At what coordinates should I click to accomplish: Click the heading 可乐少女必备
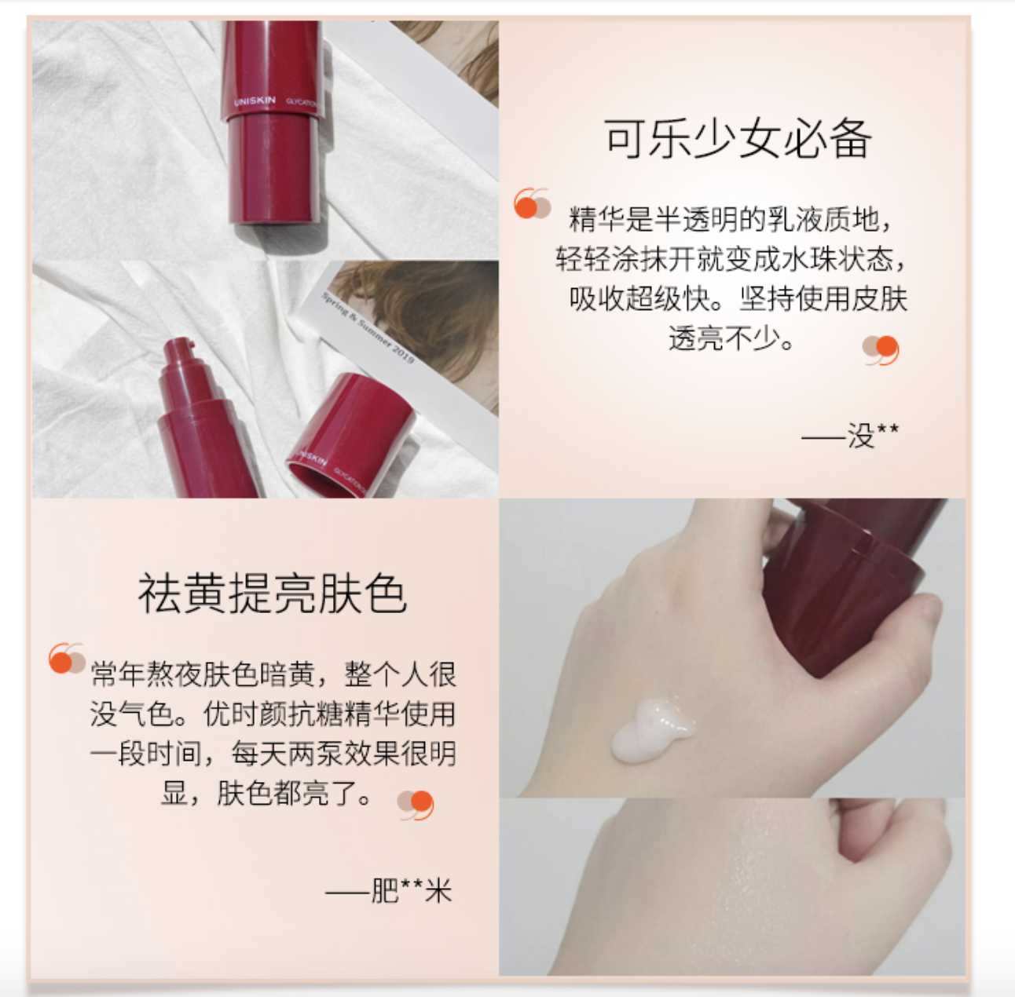click(x=737, y=140)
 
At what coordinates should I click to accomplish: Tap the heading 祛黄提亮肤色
click(x=272, y=593)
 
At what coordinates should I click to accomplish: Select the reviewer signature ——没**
click(x=850, y=435)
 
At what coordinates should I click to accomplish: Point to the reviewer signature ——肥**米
click(x=389, y=891)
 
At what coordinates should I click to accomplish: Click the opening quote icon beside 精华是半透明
click(x=531, y=203)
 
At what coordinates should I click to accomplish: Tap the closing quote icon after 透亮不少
click(x=881, y=349)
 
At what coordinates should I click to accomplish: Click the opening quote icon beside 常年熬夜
click(x=66, y=659)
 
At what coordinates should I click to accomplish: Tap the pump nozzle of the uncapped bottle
click(x=181, y=349)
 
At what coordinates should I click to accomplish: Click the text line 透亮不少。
click(x=731, y=338)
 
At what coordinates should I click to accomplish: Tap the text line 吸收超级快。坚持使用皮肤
click(x=738, y=299)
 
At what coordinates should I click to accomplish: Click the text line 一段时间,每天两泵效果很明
click(x=272, y=754)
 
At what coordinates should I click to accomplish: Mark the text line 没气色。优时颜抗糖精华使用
click(x=272, y=714)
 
